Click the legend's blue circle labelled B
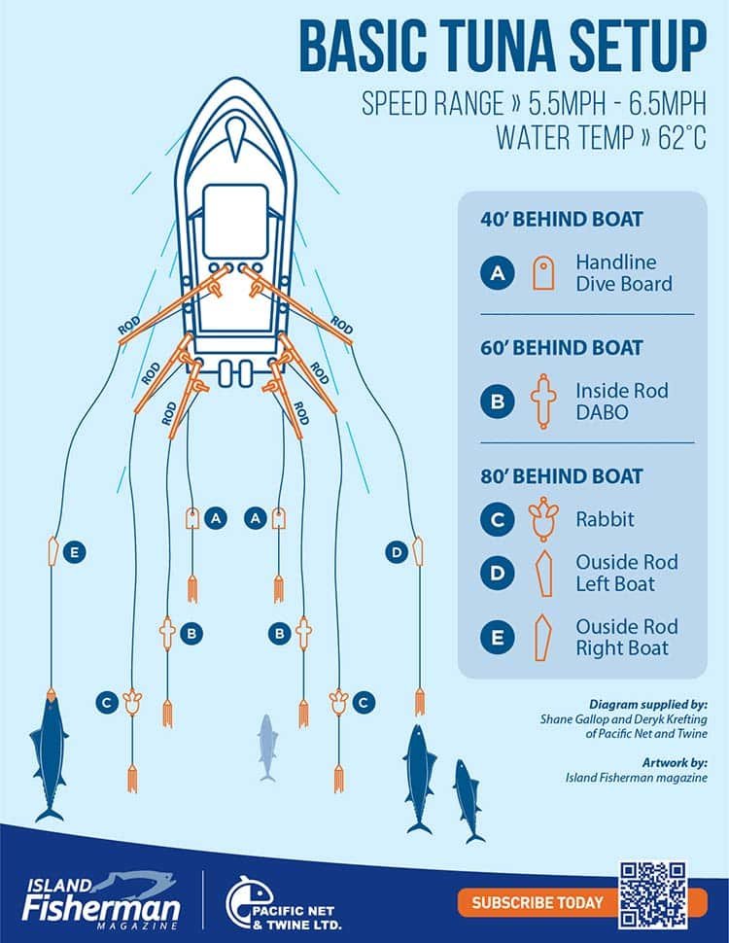click(x=497, y=401)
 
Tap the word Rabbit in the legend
click(x=605, y=519)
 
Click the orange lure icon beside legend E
click(x=543, y=638)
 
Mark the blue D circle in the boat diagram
click(x=396, y=552)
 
